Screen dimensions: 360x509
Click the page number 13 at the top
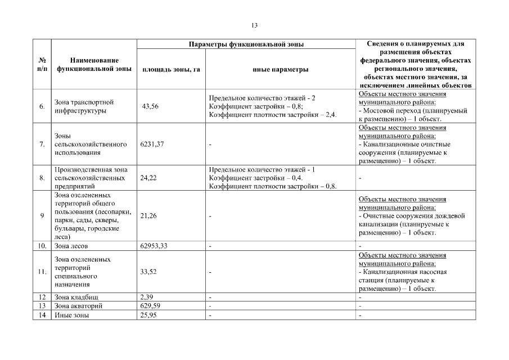[x=254, y=25]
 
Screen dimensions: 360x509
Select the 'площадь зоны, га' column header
[x=171, y=70]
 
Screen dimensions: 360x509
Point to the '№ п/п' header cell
[x=42, y=64]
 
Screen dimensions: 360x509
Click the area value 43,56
[x=150, y=106]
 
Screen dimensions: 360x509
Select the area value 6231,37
[x=152, y=145]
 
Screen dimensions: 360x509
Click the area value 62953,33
[x=154, y=246]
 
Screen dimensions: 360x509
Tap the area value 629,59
[x=150, y=305]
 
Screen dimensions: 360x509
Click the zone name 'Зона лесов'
[x=71, y=246]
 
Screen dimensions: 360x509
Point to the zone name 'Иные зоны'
[x=71, y=316]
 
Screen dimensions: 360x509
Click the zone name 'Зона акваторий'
[x=78, y=305]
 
